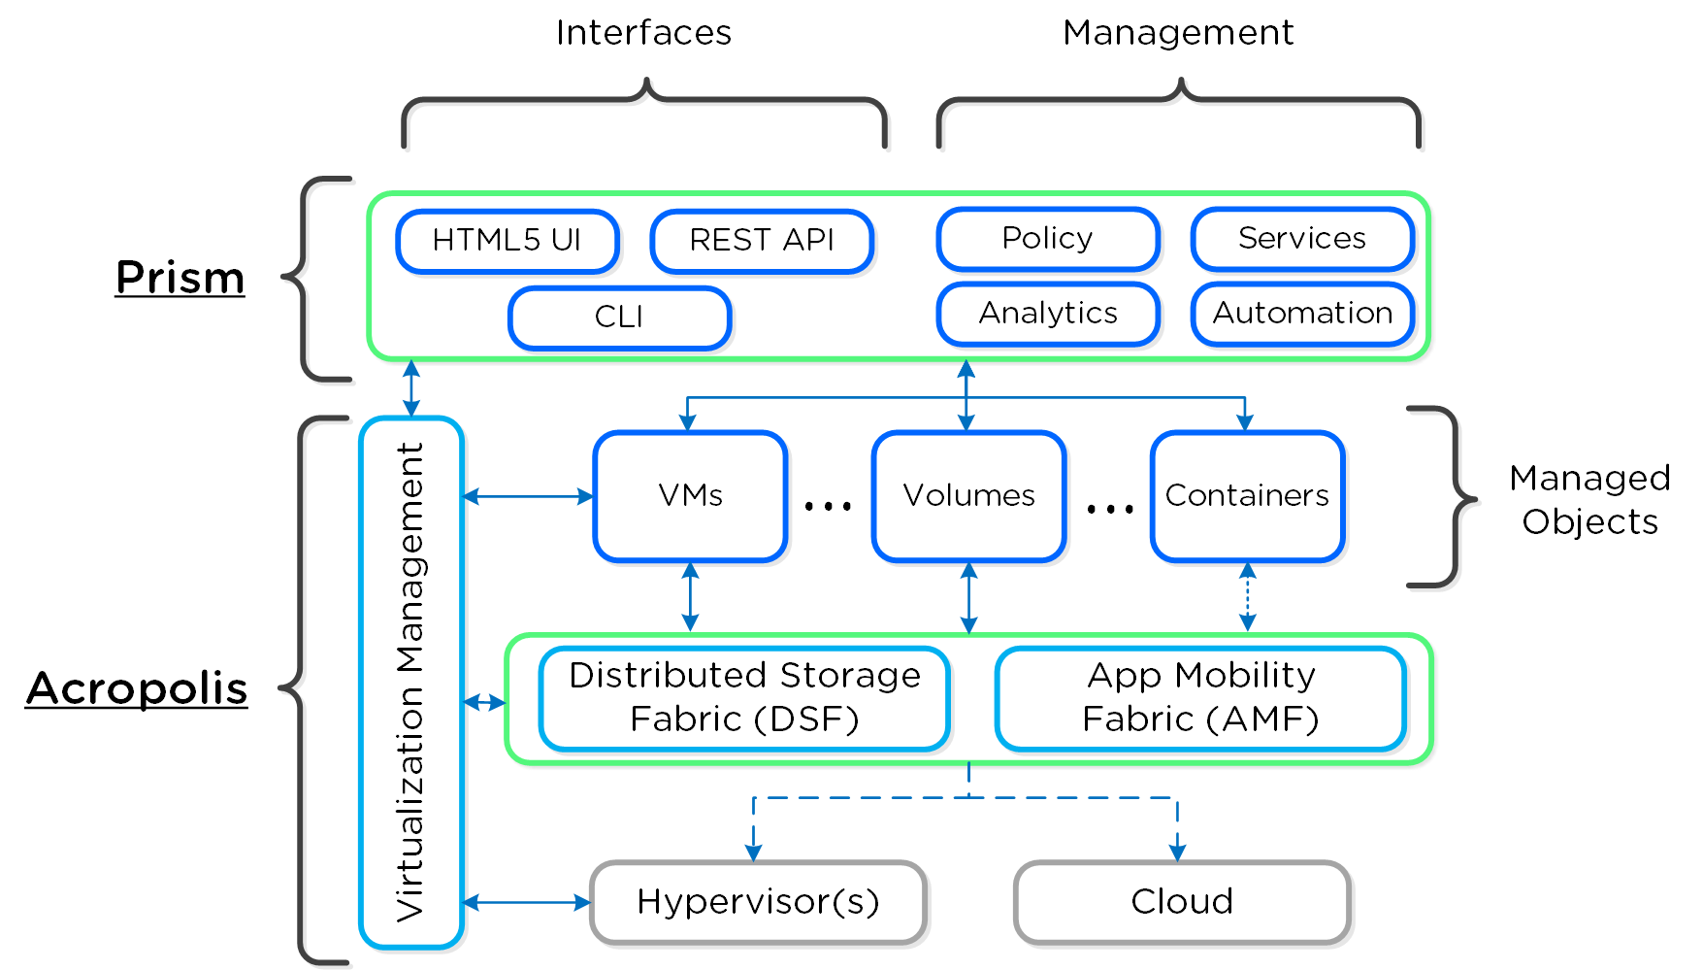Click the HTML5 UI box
[507, 241]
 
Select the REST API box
[762, 241]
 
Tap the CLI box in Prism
[619, 318]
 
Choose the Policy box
[1048, 239]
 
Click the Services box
[1302, 239]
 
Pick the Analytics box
[1048, 314]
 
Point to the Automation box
[1302, 314]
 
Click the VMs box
[690, 496]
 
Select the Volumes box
[968, 496]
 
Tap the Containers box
[1247, 496]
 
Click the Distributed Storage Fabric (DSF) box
[744, 698]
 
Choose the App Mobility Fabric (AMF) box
[1200, 698]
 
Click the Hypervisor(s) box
[758, 902]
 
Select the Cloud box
[1182, 902]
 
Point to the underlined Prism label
[180, 279]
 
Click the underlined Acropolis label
[137, 689]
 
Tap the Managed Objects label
[1589, 500]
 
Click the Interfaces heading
[643, 33]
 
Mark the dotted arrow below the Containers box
[1248, 597]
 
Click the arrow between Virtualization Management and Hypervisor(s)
[527, 903]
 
